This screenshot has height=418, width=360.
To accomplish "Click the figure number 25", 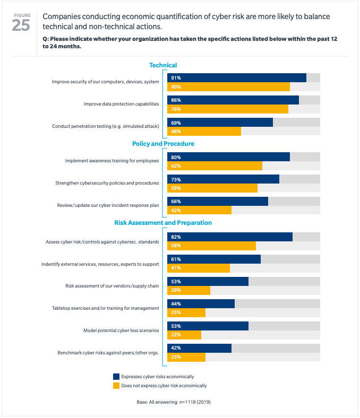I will click(x=21, y=25).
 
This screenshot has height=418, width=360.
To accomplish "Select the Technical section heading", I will click(x=163, y=65).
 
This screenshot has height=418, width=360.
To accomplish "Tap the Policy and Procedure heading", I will click(x=163, y=144).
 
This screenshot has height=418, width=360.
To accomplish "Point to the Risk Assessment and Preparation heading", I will click(x=163, y=223).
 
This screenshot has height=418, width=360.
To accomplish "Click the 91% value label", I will click(x=176, y=77).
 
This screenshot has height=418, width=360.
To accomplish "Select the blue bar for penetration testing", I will click(x=220, y=122).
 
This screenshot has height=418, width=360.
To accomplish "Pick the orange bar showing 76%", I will click(x=228, y=109).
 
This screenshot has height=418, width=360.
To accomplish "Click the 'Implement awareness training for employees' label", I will click(x=112, y=161).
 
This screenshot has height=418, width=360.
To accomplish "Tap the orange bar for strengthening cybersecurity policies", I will click(x=212, y=188).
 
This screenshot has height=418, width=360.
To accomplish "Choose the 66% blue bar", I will click(x=218, y=201).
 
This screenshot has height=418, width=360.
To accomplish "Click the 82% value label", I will click(x=176, y=237).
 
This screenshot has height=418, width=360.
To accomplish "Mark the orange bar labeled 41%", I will click(x=199, y=268).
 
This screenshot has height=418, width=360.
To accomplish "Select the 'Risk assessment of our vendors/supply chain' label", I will click(x=112, y=286).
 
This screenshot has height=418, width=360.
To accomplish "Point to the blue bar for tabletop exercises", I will click(x=201, y=303).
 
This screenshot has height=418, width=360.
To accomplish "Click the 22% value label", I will click(x=176, y=335).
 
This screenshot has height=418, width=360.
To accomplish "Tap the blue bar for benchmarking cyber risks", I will click(x=199, y=348).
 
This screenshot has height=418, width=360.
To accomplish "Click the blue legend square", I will click(x=116, y=377).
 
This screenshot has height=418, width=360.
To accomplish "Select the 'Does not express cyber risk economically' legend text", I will click(x=164, y=386).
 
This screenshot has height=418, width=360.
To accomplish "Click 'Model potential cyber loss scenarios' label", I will click(x=121, y=330).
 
